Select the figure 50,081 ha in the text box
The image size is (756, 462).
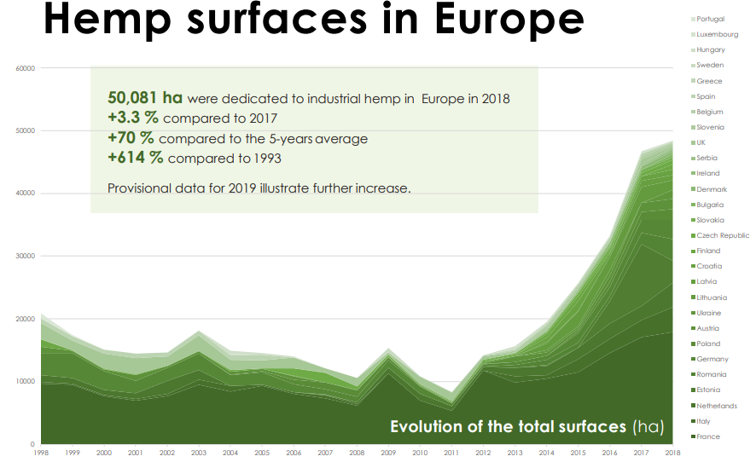coord(145,98)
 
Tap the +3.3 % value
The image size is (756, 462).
coord(134,118)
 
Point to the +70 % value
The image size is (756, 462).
coord(131,137)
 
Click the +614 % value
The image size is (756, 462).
coord(136,157)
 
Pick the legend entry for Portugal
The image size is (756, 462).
coord(710,19)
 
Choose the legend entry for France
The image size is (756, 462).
coord(707,436)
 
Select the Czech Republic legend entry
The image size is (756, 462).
coord(722,235)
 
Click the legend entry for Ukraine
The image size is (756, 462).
coord(708,313)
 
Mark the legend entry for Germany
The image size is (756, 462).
coord(712,359)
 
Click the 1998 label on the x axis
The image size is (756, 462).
coord(40,453)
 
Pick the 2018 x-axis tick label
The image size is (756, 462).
coord(672,453)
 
